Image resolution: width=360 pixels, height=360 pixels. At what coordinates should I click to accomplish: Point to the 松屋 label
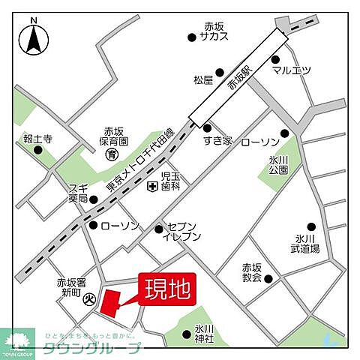tap(203, 79)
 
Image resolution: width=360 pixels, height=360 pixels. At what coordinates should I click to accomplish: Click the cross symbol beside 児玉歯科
tap(151, 186)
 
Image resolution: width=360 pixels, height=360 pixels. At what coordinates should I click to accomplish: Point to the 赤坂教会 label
tap(251, 272)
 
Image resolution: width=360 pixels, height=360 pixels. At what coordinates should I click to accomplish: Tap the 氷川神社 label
tap(205, 333)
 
